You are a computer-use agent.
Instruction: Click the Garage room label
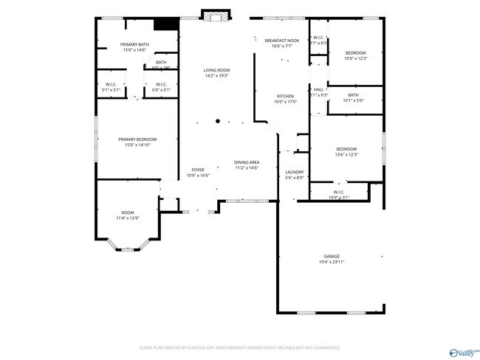pyautogui.click(x=331, y=256)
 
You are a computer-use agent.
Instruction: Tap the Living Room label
pyautogui.click(x=216, y=70)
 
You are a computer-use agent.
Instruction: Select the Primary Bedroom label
pyautogui.click(x=137, y=139)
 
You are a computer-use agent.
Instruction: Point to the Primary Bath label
pyautogui.click(x=134, y=45)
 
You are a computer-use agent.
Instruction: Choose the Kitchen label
pyautogui.click(x=285, y=96)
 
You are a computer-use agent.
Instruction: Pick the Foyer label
pyautogui.click(x=198, y=170)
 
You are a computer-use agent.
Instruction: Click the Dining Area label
pyautogui.click(x=247, y=162)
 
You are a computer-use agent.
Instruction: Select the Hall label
pyautogui.click(x=319, y=89)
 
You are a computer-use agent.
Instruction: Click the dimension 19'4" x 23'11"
pyautogui.click(x=332, y=262)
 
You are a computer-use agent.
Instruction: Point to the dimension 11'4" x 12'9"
pyautogui.click(x=127, y=218)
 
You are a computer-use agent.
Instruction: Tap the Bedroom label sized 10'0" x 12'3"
pyautogui.click(x=356, y=52)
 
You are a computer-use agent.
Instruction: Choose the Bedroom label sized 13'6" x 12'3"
pyautogui.click(x=346, y=149)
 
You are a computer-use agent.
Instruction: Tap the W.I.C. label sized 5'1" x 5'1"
pyautogui.click(x=111, y=84)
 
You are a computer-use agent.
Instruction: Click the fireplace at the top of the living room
pyautogui.click(x=216, y=17)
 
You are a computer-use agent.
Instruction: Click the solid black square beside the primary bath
pyautogui.click(x=171, y=24)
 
